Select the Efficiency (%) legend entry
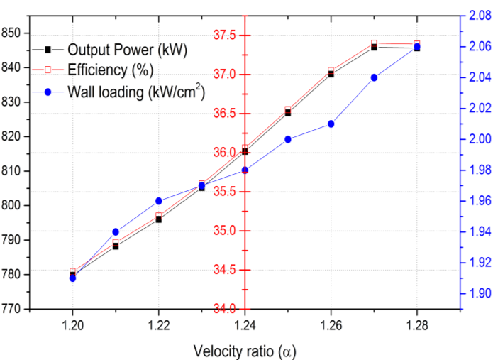[111, 70]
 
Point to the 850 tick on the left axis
[13, 33]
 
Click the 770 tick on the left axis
[13, 309]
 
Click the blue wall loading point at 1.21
[116, 231]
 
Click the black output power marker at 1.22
[159, 219]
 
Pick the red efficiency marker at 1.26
[331, 70]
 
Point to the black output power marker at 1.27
[374, 47]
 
